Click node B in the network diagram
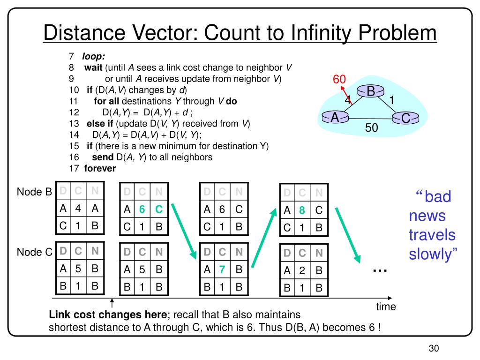pyautogui.click(x=370, y=92)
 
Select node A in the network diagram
pyautogui.click(x=335, y=118)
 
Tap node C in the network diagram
pyautogui.click(x=405, y=119)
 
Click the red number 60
pyautogui.click(x=339, y=79)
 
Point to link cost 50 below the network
pyautogui.click(x=372, y=128)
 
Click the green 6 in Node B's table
pyautogui.click(x=142, y=210)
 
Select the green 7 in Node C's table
pyautogui.click(x=222, y=270)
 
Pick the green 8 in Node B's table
pyautogui.click(x=302, y=210)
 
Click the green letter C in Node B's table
pyautogui.click(x=158, y=210)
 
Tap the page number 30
pyautogui.click(x=433, y=348)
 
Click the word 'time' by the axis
pyautogui.click(x=385, y=307)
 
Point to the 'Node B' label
pyautogui.click(x=34, y=192)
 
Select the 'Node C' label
pyautogui.click(x=34, y=252)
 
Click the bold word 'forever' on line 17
pyautogui.click(x=100, y=168)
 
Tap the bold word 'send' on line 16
pyautogui.click(x=102, y=157)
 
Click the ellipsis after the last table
pyautogui.click(x=380, y=270)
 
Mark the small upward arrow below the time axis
pyautogui.click(x=112, y=304)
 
